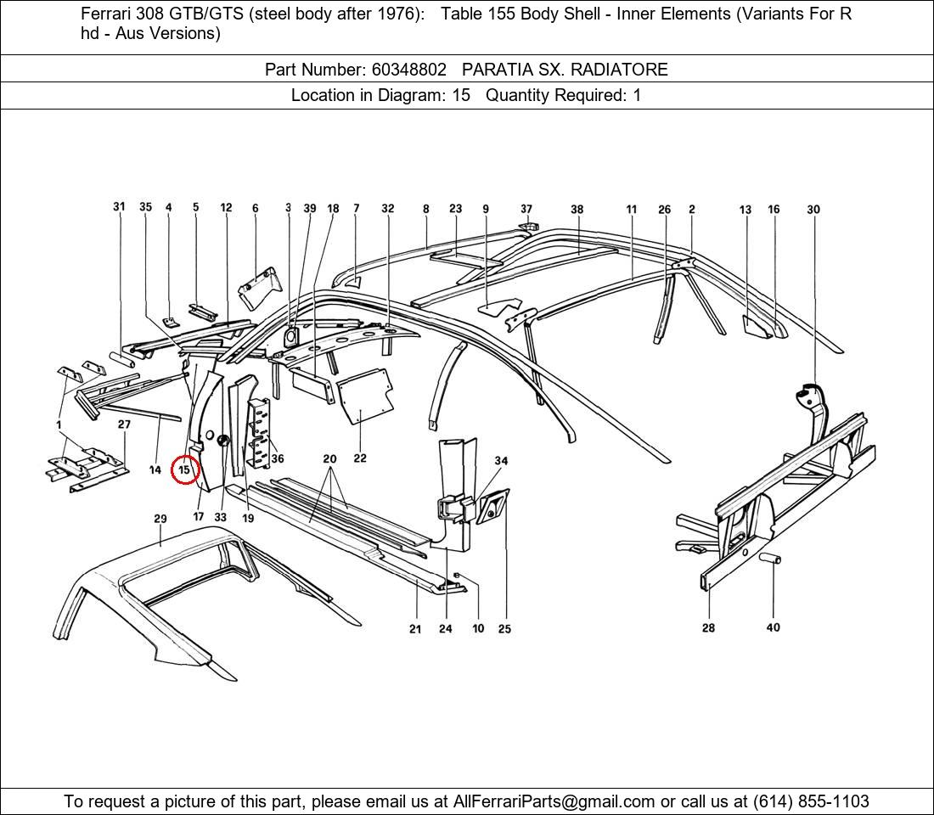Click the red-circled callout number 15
(x=184, y=469)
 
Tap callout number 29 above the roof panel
(x=160, y=519)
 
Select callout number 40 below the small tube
(x=773, y=627)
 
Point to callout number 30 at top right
(x=813, y=210)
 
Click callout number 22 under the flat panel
(x=360, y=458)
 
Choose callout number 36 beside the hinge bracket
(x=277, y=458)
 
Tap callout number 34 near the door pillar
(x=501, y=461)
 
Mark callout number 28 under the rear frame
(x=708, y=628)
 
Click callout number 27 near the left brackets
(x=124, y=424)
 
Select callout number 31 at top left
(x=119, y=207)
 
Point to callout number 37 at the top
(x=526, y=209)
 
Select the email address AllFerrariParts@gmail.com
(x=554, y=801)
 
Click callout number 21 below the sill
(x=415, y=629)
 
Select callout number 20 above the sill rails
(x=329, y=459)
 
